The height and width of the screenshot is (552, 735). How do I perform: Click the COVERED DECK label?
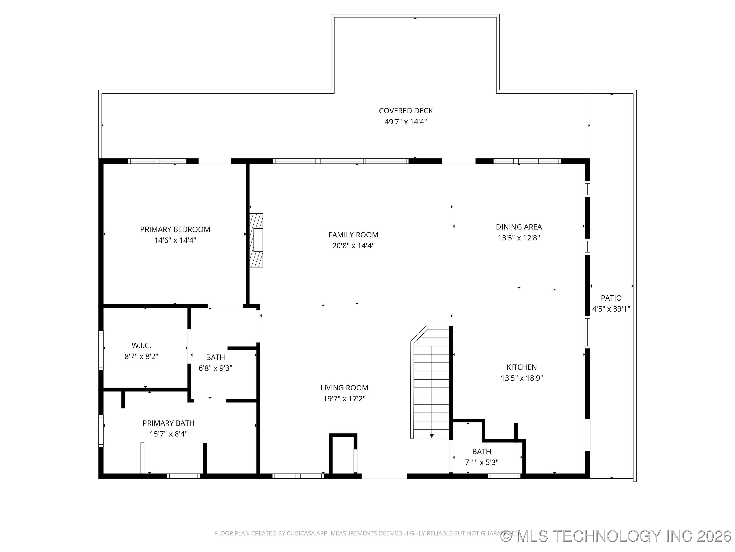[x=406, y=111]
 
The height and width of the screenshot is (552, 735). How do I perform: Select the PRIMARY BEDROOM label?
[x=175, y=229]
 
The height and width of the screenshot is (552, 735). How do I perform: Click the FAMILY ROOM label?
[x=353, y=235]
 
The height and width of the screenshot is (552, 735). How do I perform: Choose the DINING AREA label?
[x=519, y=227]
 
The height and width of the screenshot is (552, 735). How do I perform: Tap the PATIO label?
[x=611, y=298]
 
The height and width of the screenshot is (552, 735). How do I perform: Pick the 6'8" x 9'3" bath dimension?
[x=215, y=368]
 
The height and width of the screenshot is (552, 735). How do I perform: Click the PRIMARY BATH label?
[x=168, y=423]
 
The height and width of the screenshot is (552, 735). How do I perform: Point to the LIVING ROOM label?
[x=344, y=388]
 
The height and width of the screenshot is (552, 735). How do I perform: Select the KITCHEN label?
[x=521, y=367]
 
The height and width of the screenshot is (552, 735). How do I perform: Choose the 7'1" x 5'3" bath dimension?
[x=482, y=462]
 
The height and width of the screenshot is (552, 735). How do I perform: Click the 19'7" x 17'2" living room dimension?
[x=344, y=399]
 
